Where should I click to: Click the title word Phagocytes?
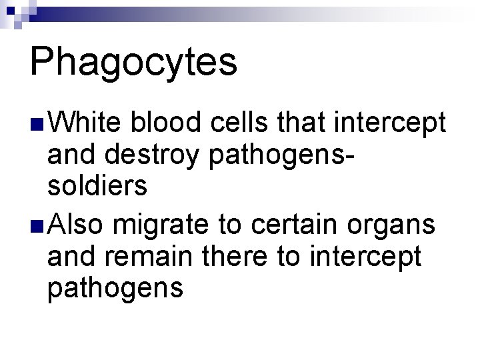(x=133, y=63)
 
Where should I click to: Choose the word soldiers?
(x=97, y=187)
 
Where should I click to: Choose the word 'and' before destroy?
(x=68, y=156)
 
